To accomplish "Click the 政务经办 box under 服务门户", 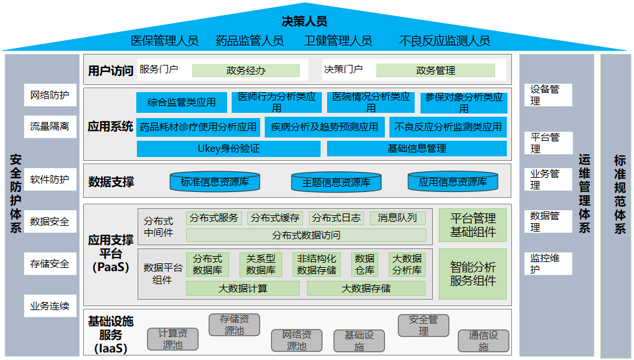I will (x=245, y=71).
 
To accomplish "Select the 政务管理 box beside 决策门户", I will (x=435, y=70).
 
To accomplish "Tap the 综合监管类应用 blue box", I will (x=182, y=102).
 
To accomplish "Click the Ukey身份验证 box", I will (x=228, y=149).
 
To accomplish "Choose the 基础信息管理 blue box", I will (x=417, y=149).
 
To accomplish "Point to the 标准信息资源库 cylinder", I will (x=214, y=182).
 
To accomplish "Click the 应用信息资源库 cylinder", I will (x=452, y=182).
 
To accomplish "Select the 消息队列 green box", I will (x=398, y=218).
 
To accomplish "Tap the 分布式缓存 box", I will (x=274, y=218).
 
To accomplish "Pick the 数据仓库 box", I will (x=365, y=264).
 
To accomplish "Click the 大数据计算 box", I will (x=242, y=288).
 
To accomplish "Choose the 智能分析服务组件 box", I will (x=472, y=274).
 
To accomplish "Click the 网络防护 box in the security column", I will (x=49, y=95).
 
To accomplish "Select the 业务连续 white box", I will (x=49, y=306).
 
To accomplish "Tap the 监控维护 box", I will (x=548, y=263).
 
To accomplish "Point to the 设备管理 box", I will (x=548, y=95).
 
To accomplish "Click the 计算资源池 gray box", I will (x=173, y=339).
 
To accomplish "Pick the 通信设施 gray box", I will (x=483, y=341).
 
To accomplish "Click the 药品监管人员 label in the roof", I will (x=250, y=41).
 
